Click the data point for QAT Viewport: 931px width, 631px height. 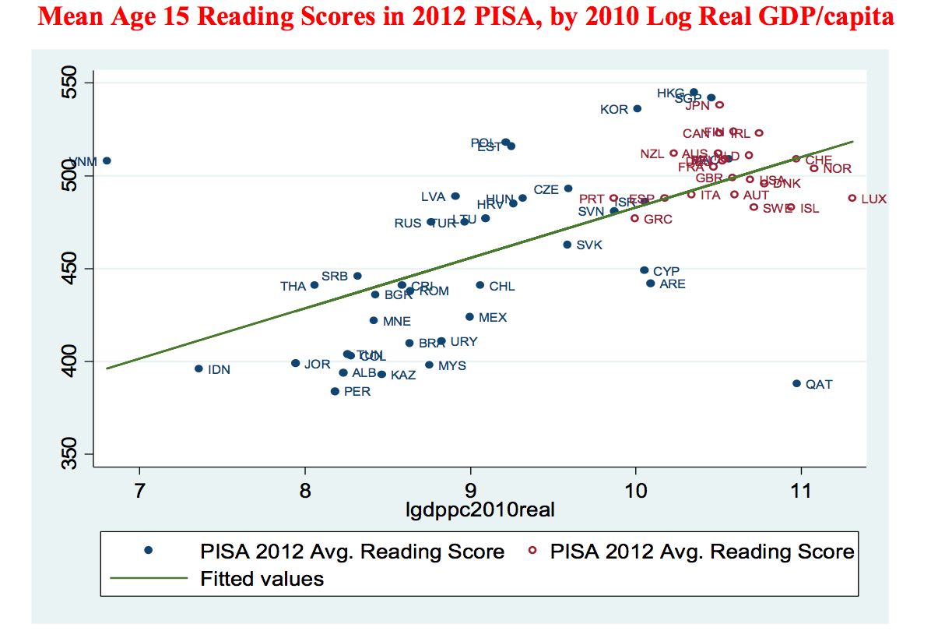tap(796, 383)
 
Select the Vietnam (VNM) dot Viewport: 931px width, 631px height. tap(107, 160)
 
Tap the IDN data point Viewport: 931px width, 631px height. tap(198, 368)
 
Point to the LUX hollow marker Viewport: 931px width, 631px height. tap(852, 199)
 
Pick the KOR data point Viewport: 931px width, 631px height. tap(637, 108)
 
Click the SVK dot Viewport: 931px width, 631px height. tap(567, 245)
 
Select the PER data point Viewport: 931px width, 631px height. tap(335, 391)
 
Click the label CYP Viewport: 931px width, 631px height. tap(666, 271)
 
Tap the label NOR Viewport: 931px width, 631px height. tap(837, 168)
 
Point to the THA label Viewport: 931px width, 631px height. tap(293, 286)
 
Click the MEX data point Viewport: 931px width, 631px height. tap(469, 316)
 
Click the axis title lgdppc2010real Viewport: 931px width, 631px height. tap(480, 510)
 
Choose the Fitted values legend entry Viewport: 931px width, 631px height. tap(262, 579)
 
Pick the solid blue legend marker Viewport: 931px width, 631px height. tap(149, 551)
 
